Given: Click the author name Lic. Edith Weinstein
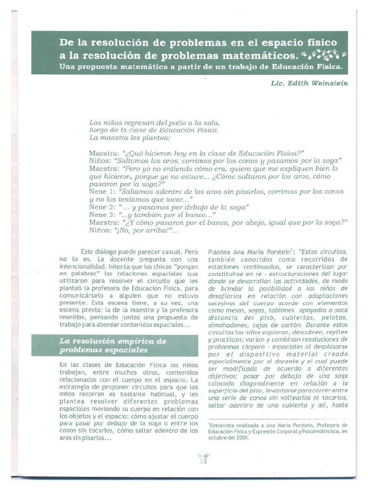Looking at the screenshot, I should (x=310, y=83).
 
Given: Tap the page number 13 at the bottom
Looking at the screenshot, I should (x=203, y=461).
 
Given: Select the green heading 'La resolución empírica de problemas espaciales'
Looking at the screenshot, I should (x=114, y=345).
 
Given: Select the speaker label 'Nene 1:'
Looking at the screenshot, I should (x=101, y=191).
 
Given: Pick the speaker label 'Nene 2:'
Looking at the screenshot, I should (x=101, y=207).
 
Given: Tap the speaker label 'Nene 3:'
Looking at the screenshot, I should (x=101, y=215).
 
